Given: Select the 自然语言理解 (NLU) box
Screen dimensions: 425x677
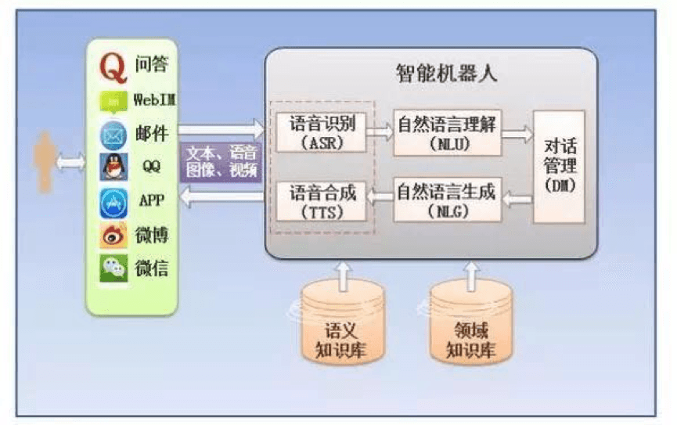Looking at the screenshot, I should coord(448,131).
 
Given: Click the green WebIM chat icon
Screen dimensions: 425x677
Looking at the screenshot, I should coord(113,103).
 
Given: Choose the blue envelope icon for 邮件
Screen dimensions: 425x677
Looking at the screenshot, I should coord(113,135).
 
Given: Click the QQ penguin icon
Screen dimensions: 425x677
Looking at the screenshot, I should coord(113,167).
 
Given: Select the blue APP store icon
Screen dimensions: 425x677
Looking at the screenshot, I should coord(113,202).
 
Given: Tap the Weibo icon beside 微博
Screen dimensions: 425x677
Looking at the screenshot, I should coord(113,236).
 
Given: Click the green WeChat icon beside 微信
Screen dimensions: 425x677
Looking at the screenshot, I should coord(113,269).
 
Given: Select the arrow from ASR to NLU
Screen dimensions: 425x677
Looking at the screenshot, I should coord(380,133).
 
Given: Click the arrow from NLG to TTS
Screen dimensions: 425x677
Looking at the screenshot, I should coord(380,199).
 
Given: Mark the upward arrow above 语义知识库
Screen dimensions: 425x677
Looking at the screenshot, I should coord(343,273).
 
